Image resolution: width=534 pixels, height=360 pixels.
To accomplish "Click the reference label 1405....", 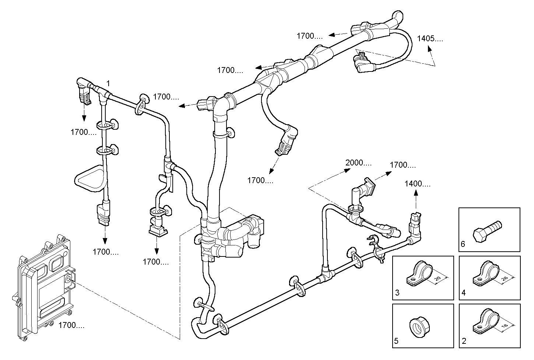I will click(430, 39).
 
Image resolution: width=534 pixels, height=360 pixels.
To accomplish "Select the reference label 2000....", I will click(358, 162).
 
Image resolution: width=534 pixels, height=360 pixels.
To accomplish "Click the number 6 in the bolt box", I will click(463, 244).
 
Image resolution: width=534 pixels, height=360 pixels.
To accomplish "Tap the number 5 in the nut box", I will click(396, 341).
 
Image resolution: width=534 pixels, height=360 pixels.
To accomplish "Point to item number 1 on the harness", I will click(108, 82).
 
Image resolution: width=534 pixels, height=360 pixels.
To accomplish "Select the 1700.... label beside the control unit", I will click(71, 325).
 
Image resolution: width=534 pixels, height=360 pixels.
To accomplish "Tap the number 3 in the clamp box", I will click(397, 293).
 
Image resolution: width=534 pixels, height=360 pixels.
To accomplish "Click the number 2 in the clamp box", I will click(464, 341).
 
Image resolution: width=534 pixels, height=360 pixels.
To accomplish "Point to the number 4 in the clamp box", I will click(463, 293).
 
